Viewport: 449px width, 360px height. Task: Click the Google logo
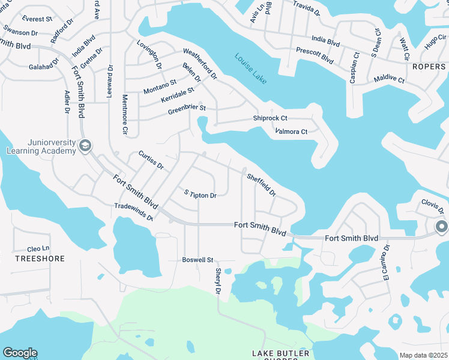[x=20, y=353]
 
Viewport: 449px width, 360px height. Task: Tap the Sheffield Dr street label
[x=261, y=185]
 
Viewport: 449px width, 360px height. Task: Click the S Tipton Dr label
[x=200, y=194]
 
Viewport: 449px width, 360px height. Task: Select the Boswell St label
[x=198, y=260]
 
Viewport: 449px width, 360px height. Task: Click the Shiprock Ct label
[x=269, y=119]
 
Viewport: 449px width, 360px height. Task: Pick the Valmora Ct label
[x=291, y=131]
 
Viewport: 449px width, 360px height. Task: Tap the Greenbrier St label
[x=187, y=110]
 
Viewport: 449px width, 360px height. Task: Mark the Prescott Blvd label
[x=315, y=56]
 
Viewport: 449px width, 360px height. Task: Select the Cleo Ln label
[x=38, y=249]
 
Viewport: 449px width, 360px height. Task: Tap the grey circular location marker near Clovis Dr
[x=441, y=226]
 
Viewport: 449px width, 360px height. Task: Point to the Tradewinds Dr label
[x=134, y=212]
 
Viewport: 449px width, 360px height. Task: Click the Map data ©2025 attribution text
[x=424, y=355]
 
